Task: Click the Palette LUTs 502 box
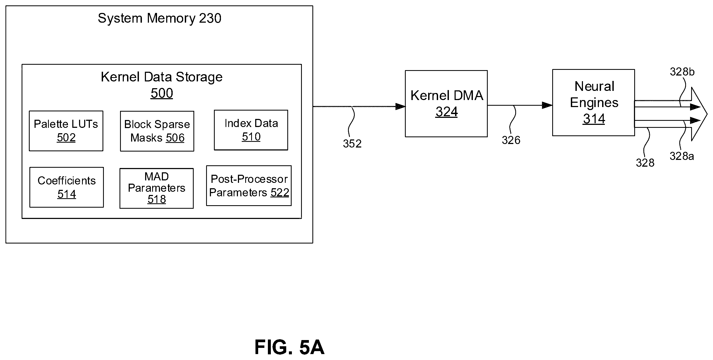coord(66,131)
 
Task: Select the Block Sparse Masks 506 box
coord(157,131)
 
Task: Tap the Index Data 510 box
coord(251,130)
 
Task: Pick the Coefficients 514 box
coord(67,187)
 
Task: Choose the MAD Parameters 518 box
coord(157,188)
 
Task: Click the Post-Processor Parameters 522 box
coord(249,186)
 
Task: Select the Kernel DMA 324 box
coord(446,104)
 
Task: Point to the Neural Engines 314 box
coord(593,102)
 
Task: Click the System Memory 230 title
coord(159,18)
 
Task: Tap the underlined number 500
coord(162,93)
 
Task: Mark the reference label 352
coord(352,144)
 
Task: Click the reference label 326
coord(511,140)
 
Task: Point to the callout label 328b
coord(682,72)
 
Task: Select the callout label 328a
coord(682,156)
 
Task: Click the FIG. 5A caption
coord(289,347)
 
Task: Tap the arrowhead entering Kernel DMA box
coord(401,106)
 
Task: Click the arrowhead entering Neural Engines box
coord(547,105)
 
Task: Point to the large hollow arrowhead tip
coord(707,114)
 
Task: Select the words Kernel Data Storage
coord(162,77)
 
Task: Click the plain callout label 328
coord(645,163)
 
